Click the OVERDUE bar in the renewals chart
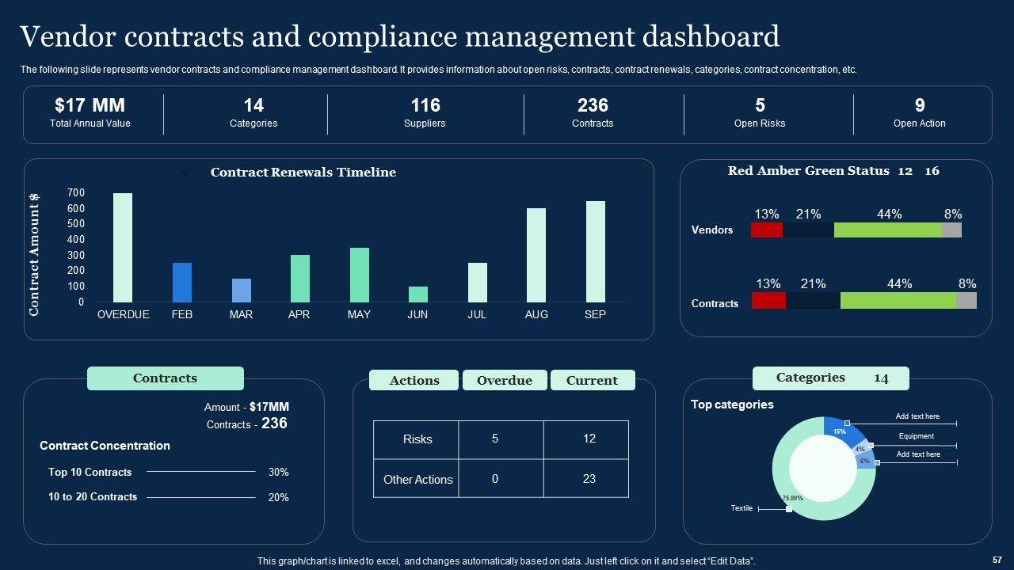coord(123,247)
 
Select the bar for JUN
coord(417,294)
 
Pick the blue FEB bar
coord(182,282)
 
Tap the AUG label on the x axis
coord(536,314)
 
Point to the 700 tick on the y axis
coord(76,192)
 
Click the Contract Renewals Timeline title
coord(303,173)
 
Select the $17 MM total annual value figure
coord(90,105)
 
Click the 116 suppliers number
coord(425,105)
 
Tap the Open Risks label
coord(760,123)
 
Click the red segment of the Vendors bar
coord(766,230)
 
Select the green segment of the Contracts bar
coord(898,300)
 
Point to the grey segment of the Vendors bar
coord(951,230)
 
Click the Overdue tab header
coord(505,381)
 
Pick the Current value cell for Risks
coord(589,439)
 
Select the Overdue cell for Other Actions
coord(495,479)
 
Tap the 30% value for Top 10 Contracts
coord(278,472)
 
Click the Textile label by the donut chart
coord(741,508)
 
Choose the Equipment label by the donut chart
coord(916,436)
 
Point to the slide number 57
coord(997,559)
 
